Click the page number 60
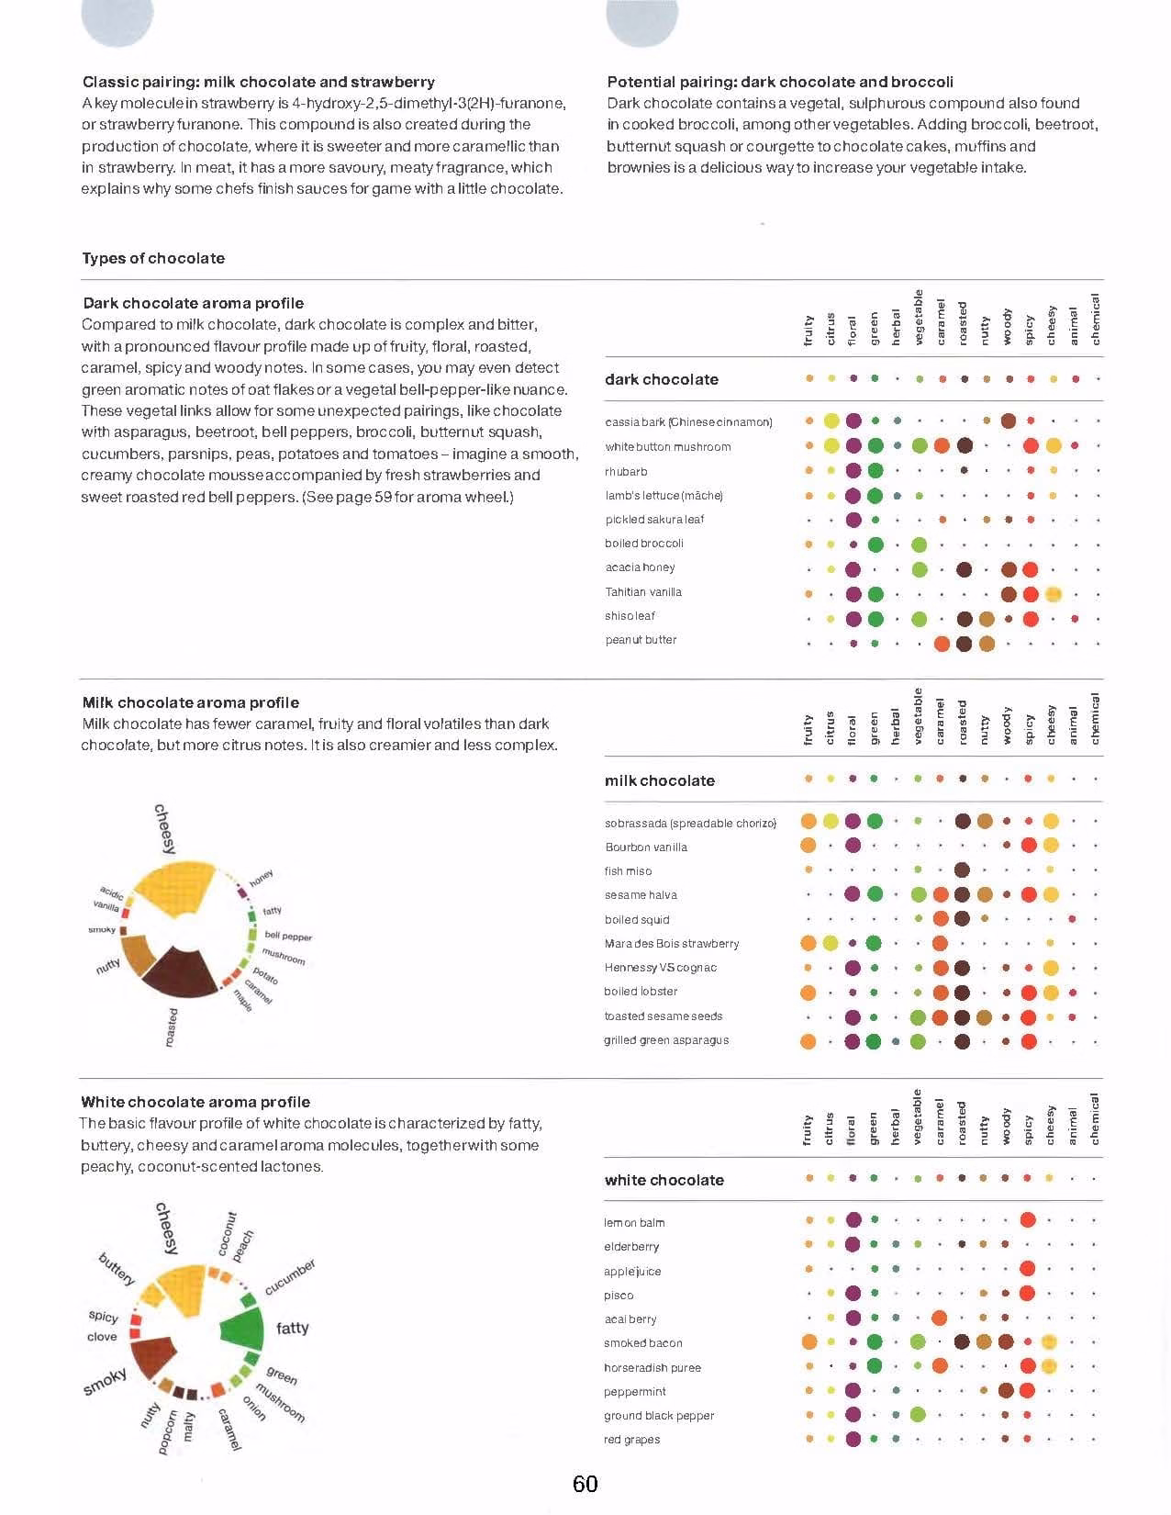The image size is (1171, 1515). [x=585, y=1483]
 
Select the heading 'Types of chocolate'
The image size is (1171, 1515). [x=153, y=258]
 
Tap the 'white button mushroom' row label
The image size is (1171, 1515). [x=667, y=447]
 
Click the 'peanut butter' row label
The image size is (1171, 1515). [x=641, y=639]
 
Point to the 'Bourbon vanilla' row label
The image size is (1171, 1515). [x=646, y=847]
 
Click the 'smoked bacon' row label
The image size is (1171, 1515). [x=642, y=1342]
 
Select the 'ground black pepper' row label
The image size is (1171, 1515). [x=659, y=1415]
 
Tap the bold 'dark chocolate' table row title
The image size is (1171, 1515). [x=661, y=379]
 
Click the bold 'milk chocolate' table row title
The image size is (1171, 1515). [x=659, y=780]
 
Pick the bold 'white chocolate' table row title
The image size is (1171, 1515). [x=664, y=1180]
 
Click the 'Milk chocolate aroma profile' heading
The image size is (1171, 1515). [x=191, y=702]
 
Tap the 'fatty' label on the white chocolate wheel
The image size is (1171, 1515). [x=292, y=1328]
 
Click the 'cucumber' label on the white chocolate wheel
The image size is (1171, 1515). [x=290, y=1276]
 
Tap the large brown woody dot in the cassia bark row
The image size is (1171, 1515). [x=1008, y=421]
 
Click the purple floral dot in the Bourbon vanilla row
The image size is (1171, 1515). [x=852, y=846]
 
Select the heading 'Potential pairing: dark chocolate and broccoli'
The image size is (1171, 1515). [x=779, y=82]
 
